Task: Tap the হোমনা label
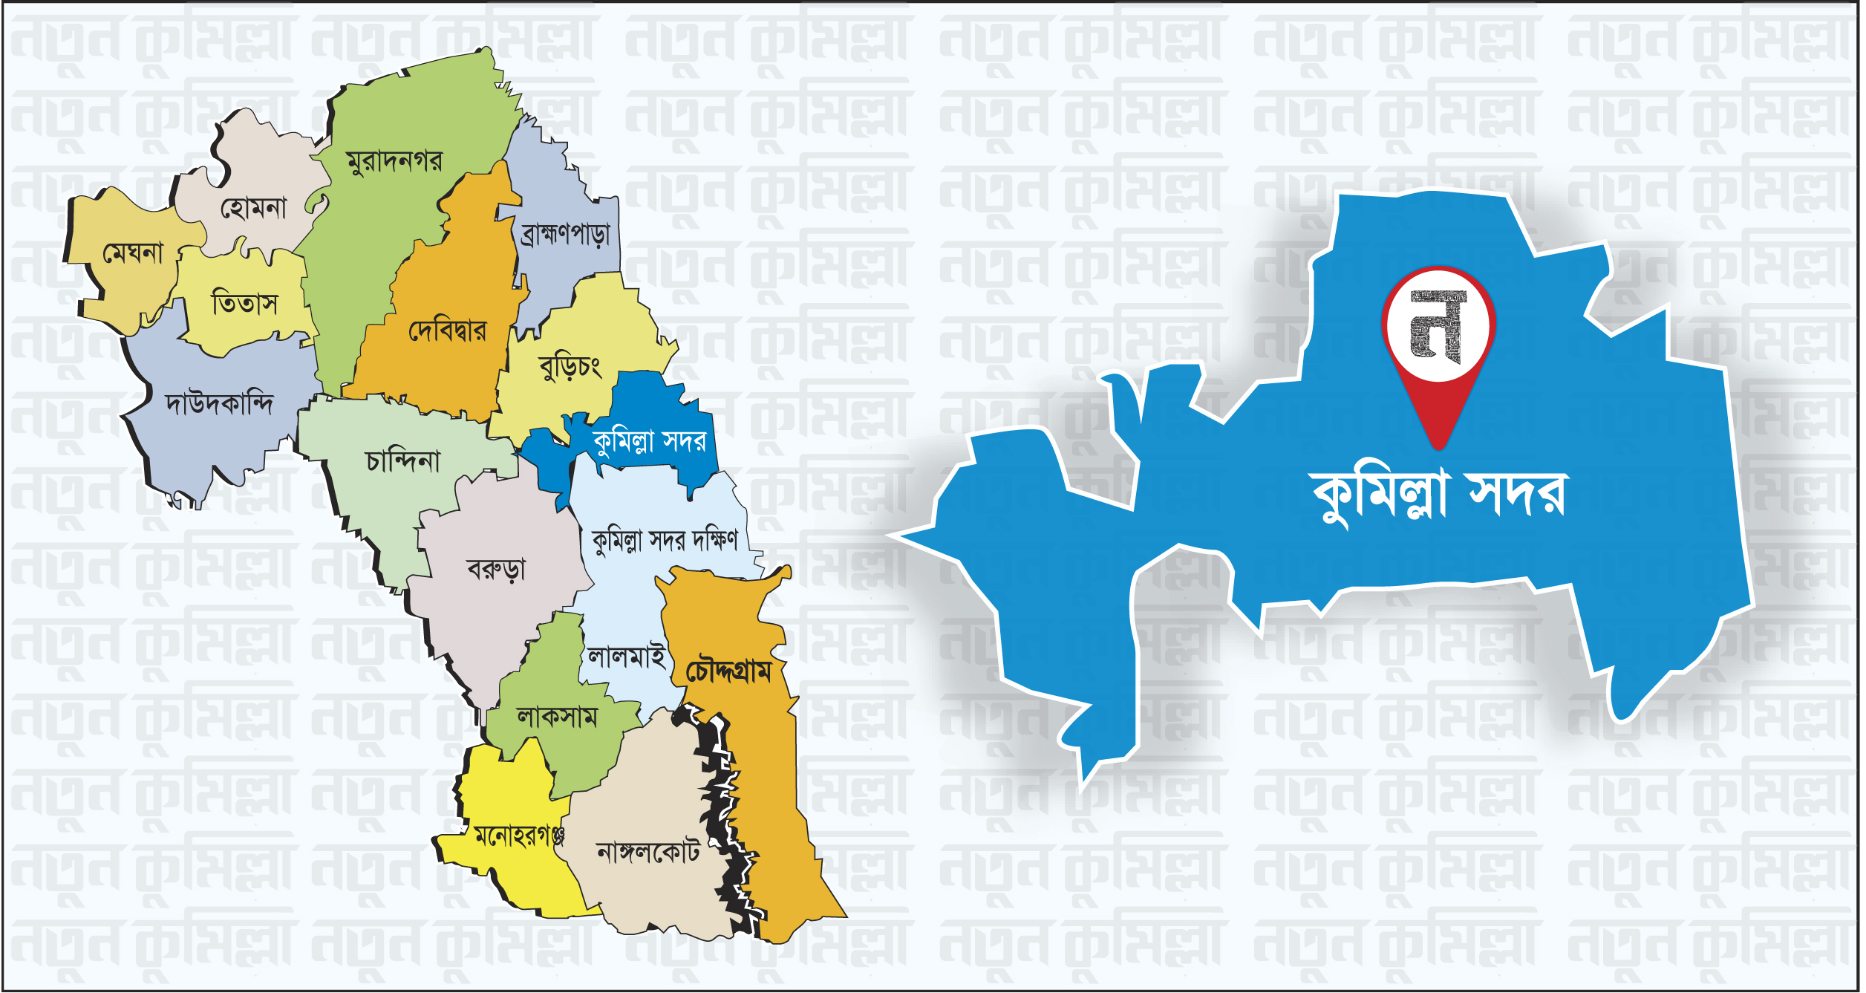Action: tap(253, 208)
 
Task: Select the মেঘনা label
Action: tap(133, 253)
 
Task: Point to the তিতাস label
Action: tap(244, 303)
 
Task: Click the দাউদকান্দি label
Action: tap(219, 403)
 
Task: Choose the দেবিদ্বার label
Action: tap(448, 331)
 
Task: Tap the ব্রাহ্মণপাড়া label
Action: tap(565, 234)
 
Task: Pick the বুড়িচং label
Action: tap(570, 367)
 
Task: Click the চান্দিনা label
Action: tap(403, 461)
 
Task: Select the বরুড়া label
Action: tap(496, 570)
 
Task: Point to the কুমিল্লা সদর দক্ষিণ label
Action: tap(665, 540)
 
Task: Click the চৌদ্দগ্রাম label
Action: tap(728, 671)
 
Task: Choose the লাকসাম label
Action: tap(557, 717)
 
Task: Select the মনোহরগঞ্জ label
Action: tap(519, 837)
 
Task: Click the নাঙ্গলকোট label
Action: tap(648, 853)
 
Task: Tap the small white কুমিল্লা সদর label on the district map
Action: tap(649, 441)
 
